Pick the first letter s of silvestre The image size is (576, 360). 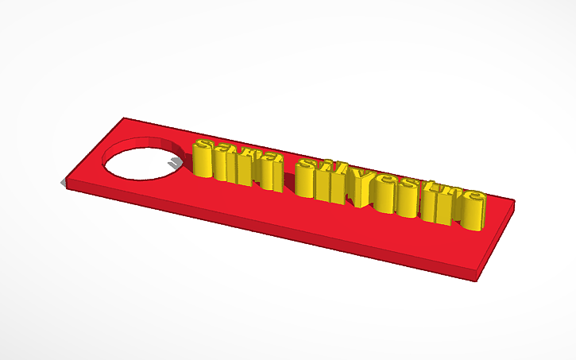pos(307,179)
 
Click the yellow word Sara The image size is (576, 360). pos(237,165)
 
